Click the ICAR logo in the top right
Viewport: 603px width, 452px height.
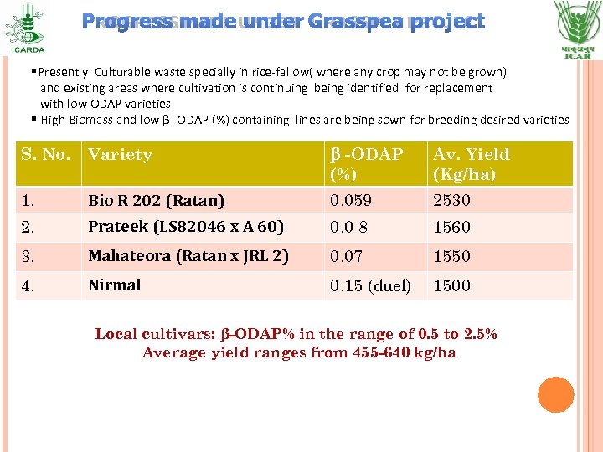pos(577,27)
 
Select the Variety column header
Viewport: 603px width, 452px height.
pos(120,154)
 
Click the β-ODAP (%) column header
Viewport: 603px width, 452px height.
pos(367,164)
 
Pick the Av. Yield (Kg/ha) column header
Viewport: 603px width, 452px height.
pos(472,164)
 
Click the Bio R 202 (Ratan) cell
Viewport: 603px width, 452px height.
pos(157,201)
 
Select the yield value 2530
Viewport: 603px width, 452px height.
pos(451,201)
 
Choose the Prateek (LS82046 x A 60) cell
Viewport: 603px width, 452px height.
pos(186,227)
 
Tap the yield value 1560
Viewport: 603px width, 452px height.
pos(451,228)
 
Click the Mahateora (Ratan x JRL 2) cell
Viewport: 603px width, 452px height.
pos(188,256)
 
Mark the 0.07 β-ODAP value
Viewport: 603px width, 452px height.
pos(347,257)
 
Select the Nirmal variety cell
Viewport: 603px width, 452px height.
pos(114,285)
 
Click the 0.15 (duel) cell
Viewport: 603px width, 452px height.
pos(370,285)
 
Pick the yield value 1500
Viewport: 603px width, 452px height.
pos(451,285)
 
